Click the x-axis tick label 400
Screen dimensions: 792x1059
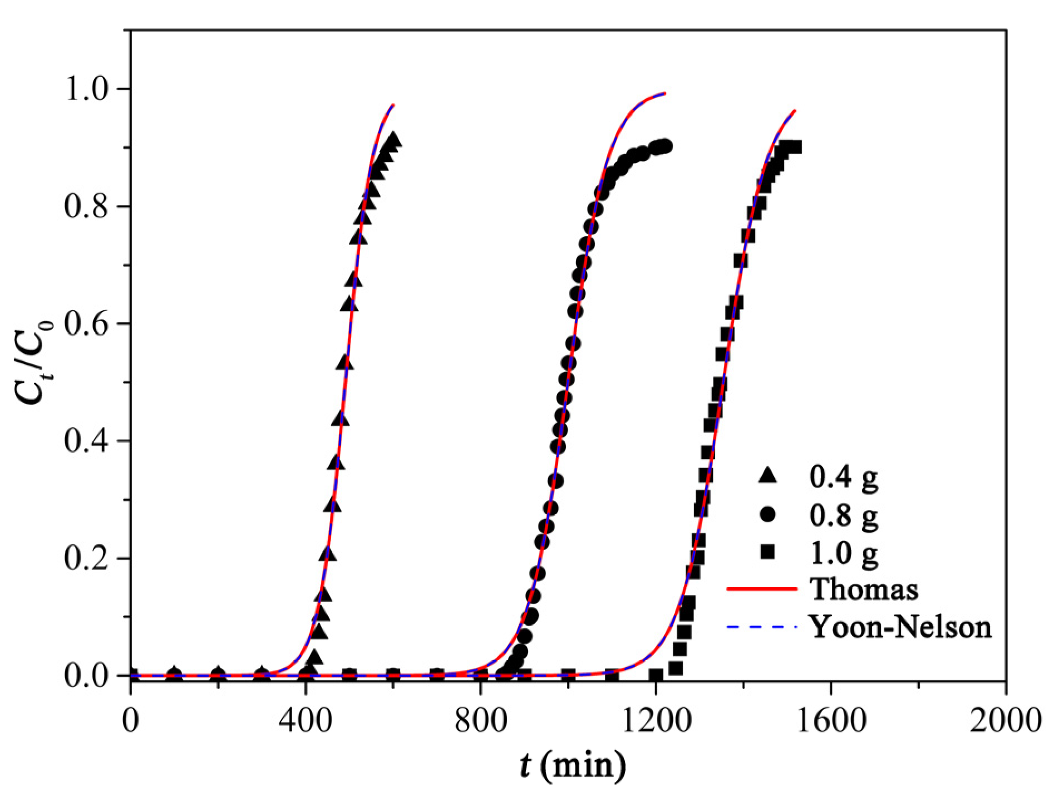pyautogui.click(x=306, y=720)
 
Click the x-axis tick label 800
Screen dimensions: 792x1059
pyautogui.click(x=481, y=720)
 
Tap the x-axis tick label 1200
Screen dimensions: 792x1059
pyautogui.click(x=656, y=720)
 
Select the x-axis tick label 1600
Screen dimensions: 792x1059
pyautogui.click(x=831, y=720)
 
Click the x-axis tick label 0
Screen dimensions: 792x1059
pyautogui.click(x=131, y=720)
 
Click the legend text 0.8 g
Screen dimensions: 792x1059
pyautogui.click(x=844, y=515)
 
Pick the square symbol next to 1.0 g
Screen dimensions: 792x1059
pyautogui.click(x=768, y=552)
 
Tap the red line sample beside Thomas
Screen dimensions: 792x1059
pyautogui.click(x=762, y=589)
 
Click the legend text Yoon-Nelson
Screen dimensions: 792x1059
pyautogui.click(x=900, y=627)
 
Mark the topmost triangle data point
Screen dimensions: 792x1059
pyautogui.click(x=393, y=139)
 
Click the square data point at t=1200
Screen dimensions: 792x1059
pyautogui.click(x=656, y=676)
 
